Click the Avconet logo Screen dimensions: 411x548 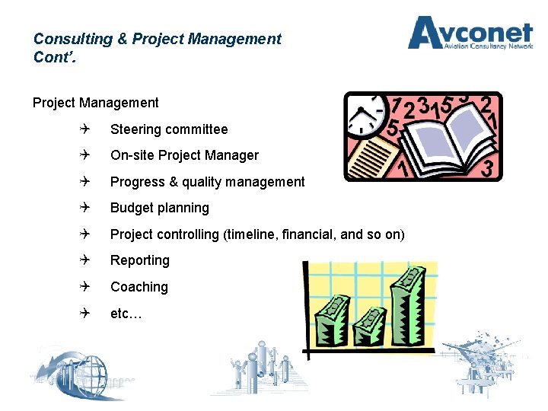tap(470, 33)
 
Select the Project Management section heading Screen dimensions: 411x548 tap(96, 103)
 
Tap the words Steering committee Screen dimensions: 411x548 tap(169, 129)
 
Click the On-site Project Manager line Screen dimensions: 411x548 tap(184, 155)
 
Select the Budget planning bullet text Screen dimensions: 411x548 tap(160, 208)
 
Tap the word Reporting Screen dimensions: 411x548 tap(140, 260)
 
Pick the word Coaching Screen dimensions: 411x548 tap(139, 287)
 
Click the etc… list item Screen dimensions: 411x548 tap(126, 313)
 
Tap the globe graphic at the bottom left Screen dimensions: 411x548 tap(72, 378)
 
